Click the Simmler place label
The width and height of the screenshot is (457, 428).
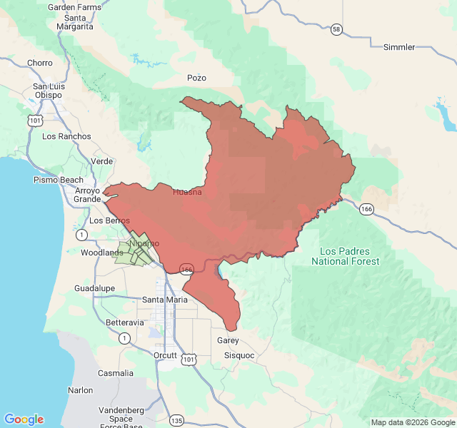398,47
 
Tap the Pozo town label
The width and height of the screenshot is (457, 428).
196,77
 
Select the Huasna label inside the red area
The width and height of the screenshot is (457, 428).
187,192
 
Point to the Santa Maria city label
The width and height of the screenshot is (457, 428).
165,299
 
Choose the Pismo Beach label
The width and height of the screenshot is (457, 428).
59,180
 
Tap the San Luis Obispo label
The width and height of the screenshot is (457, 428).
49,91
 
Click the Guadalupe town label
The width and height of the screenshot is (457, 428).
94,288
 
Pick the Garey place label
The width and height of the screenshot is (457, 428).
228,340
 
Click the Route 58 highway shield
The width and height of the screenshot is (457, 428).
336,29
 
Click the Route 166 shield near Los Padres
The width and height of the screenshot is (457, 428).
366,208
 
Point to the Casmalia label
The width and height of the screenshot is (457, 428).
115,373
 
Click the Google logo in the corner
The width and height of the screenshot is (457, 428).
24,419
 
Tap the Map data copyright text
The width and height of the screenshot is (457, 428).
412,422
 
